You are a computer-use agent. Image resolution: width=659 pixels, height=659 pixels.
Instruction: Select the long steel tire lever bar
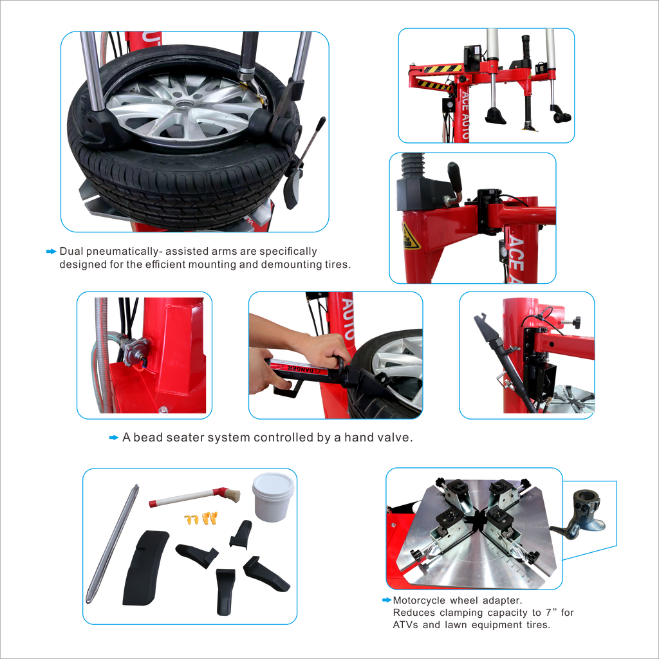[x=113, y=544]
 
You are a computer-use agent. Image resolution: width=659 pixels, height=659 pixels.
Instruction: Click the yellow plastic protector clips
[x=201, y=517]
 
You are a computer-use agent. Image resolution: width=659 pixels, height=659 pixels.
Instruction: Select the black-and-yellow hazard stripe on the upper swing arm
[x=447, y=68]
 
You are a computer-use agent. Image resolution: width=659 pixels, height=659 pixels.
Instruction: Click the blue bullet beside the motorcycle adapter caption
[x=387, y=600]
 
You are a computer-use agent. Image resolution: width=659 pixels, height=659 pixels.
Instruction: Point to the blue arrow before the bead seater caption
[x=114, y=438]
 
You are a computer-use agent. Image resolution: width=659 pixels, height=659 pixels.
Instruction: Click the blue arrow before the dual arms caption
[x=51, y=252]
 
